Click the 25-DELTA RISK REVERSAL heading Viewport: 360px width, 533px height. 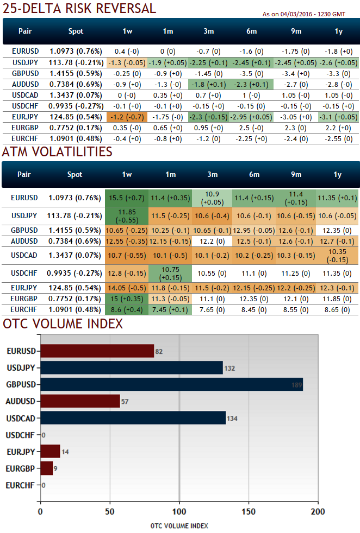tap(79, 8)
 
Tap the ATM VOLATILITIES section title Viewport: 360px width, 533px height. tap(57, 151)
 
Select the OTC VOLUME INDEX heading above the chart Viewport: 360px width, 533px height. tap(63, 324)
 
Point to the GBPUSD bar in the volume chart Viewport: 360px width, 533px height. tap(171, 384)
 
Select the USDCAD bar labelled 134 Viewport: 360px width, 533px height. tap(133, 417)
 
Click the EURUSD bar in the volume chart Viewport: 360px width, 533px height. tap(97, 351)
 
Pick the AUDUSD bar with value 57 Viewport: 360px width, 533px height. tap(80, 401)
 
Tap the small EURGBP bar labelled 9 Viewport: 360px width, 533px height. tap(47, 468)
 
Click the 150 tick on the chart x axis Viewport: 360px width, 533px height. tap(249, 511)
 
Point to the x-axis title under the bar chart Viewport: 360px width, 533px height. tap(179, 525)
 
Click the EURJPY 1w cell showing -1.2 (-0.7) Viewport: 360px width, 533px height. tap(127, 117)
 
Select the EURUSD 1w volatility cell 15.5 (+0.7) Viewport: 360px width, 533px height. tap(127, 198)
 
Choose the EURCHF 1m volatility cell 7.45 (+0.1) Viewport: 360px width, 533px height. tap(170, 309)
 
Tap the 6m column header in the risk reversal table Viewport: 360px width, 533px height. tap(252, 31)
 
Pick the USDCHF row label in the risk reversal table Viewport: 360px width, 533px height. tap(24, 106)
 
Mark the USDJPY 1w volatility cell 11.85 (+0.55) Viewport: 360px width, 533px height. tap(127, 215)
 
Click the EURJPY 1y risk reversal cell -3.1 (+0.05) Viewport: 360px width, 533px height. tap(338, 117)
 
